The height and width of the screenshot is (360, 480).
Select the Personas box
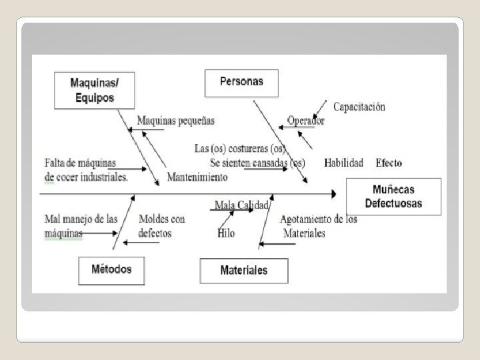coord(241,82)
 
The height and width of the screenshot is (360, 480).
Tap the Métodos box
coord(111,270)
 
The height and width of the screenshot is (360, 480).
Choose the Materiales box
coord(243,270)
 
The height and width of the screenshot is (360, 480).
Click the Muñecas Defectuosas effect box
coord(393,196)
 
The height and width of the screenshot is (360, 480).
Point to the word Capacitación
coord(359,107)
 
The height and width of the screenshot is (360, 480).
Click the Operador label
coord(305,121)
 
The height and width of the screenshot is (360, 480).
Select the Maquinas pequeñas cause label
coord(175,121)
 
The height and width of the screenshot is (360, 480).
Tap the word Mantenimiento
coord(197,177)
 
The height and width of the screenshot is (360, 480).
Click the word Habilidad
coord(343,163)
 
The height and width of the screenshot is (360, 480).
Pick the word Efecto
coord(389,163)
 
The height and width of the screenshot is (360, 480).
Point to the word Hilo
coord(226,233)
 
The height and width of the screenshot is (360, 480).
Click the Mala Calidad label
coord(241,205)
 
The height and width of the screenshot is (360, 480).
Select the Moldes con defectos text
coord(161,226)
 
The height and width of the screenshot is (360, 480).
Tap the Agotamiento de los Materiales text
coord(318,226)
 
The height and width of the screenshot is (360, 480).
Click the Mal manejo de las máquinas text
coord(80,226)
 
